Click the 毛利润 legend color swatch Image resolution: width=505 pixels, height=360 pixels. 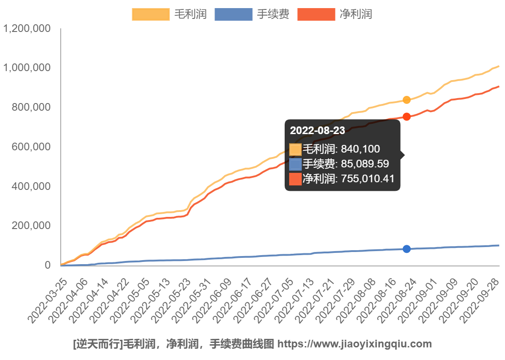[151, 14]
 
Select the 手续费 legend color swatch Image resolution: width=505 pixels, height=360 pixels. [233, 14]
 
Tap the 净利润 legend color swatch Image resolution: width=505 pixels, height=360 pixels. [316, 14]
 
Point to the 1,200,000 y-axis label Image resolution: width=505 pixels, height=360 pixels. [27, 29]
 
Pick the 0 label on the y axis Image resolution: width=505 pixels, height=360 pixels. [48, 265]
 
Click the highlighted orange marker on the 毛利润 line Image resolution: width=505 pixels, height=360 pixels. [407, 100]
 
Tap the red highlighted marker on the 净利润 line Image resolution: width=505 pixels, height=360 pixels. [407, 117]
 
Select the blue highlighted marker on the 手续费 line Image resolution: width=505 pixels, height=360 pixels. [407, 249]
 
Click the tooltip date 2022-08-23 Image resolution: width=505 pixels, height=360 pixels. [317, 131]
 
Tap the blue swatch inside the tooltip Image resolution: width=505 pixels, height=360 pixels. [295, 164]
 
